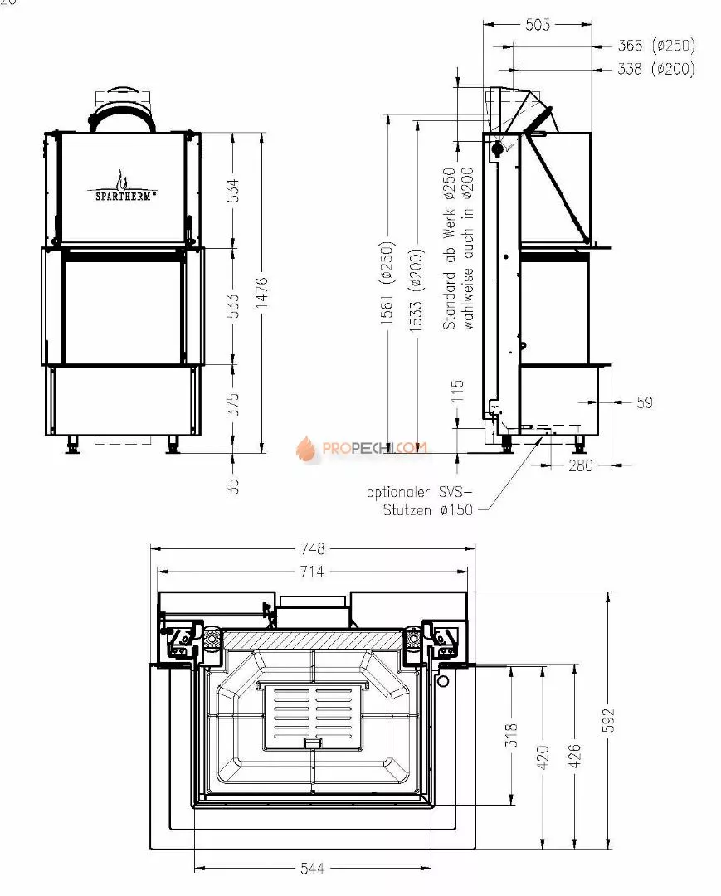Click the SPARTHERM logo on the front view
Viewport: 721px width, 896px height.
123,188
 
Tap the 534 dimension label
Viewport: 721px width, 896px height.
234,190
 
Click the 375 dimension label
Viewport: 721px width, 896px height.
234,403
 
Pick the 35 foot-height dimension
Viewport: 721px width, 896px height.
234,485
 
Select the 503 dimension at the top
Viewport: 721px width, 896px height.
538,25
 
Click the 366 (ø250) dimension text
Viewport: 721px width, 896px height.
656,46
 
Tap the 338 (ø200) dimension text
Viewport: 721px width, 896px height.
656,70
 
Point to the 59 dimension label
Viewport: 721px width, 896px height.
644,402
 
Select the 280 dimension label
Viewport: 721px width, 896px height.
581,466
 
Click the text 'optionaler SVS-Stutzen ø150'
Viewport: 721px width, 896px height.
420,501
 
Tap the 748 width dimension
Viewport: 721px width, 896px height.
312,548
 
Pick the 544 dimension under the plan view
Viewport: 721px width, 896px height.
312,869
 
